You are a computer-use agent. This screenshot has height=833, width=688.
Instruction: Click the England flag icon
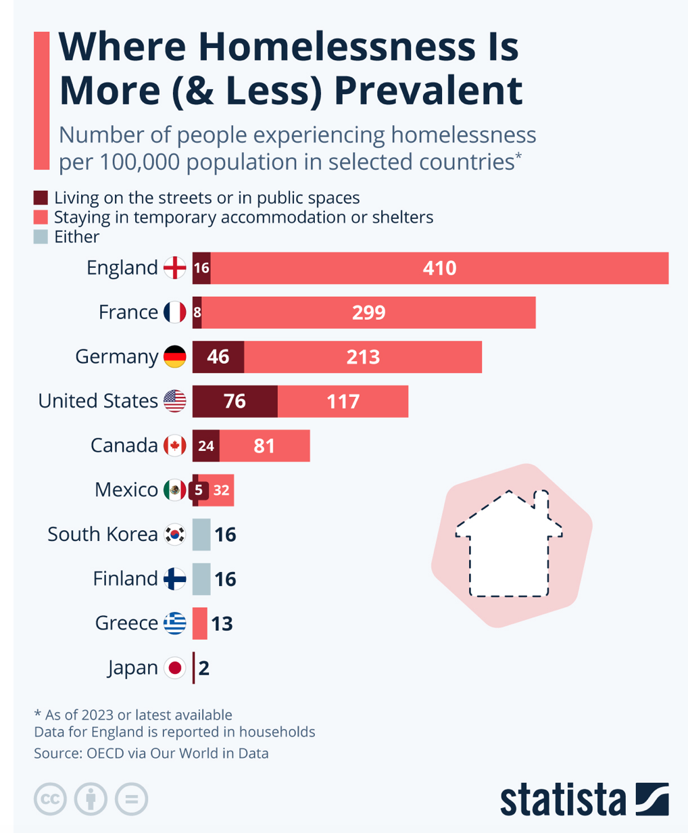coord(175,268)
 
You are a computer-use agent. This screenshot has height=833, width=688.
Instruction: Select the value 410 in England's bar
coord(439,268)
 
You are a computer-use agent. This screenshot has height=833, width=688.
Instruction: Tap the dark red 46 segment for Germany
coord(218,356)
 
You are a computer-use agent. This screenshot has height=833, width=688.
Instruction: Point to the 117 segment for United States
coord(343,401)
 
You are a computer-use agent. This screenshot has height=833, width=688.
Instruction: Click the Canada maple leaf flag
coord(175,446)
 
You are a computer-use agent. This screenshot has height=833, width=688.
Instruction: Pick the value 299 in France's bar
coord(368,312)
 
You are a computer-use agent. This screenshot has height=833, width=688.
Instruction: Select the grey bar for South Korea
coord(201,534)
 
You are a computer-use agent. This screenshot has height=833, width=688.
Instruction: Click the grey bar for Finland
coord(201,579)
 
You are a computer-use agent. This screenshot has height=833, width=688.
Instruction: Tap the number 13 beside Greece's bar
coord(222,623)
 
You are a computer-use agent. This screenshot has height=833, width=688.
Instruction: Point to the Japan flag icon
coord(175,668)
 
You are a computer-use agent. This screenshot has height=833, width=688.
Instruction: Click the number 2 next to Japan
coord(204,668)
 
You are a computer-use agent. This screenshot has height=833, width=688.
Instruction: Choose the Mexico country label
coord(126,490)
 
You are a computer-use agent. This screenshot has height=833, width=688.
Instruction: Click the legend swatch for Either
coord(41,237)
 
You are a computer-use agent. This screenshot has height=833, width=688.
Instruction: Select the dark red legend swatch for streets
coord(41,198)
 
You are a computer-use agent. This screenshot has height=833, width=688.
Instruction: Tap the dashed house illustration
coord(509,545)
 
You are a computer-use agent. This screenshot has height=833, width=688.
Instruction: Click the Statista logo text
coord(562,800)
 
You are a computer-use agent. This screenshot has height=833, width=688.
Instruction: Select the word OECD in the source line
coord(105,753)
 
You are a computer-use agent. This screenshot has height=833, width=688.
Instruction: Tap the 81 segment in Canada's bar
coord(264,446)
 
